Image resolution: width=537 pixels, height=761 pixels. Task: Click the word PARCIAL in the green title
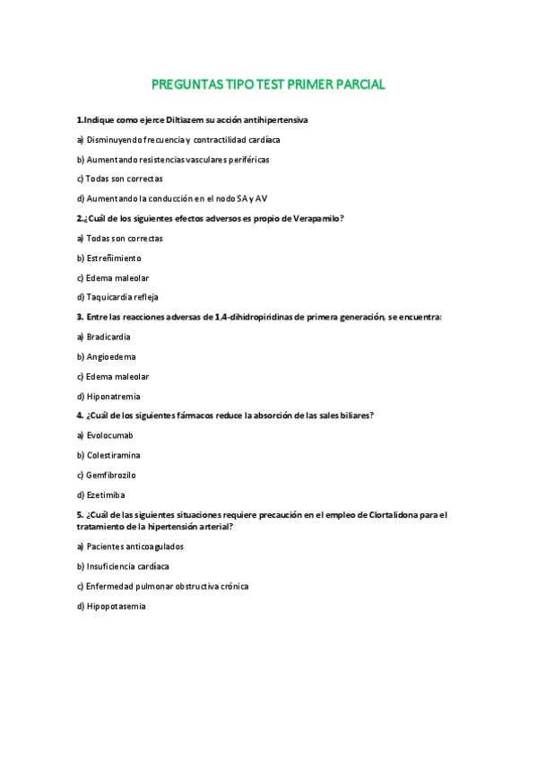pyautogui.click(x=355, y=85)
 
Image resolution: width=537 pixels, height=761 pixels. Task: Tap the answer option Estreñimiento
pyautogui.click(x=113, y=258)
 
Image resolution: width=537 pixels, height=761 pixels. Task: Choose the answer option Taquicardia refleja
pyautogui.click(x=122, y=297)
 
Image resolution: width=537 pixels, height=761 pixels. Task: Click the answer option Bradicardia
pyautogui.click(x=108, y=337)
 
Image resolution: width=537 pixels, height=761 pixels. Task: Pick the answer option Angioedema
pyautogui.click(x=111, y=357)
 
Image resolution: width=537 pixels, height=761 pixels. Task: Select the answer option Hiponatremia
pyautogui.click(x=114, y=397)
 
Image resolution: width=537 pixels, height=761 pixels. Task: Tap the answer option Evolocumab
pyautogui.click(x=109, y=435)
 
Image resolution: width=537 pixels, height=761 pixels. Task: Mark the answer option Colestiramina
pyautogui.click(x=113, y=456)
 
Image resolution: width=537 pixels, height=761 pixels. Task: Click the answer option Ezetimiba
pyautogui.click(x=105, y=494)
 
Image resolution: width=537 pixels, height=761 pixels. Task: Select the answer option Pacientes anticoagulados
pyautogui.click(x=134, y=547)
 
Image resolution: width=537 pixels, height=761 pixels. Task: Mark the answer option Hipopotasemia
pyautogui.click(x=116, y=607)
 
